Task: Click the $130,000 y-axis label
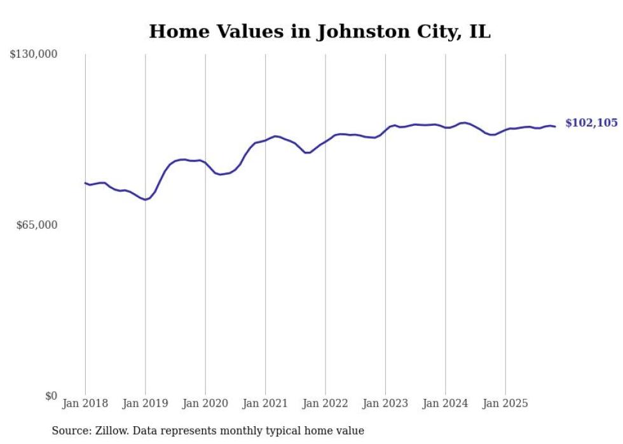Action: click(33, 55)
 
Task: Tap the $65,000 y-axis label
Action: click(36, 225)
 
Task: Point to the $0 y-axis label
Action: click(51, 396)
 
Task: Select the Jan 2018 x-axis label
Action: click(85, 403)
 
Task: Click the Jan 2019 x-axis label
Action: click(146, 403)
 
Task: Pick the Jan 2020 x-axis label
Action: click(205, 403)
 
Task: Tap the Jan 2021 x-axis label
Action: click(265, 403)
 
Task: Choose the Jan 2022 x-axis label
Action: click(325, 403)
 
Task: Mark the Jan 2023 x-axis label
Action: click(385, 403)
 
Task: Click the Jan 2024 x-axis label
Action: click(445, 403)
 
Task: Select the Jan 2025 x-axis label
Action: click(505, 403)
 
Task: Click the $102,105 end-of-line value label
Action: click(591, 123)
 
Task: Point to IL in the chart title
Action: click(479, 32)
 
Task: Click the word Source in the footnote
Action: click(70, 431)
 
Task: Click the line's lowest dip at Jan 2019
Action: click(146, 199)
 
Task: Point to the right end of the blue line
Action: click(556, 126)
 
